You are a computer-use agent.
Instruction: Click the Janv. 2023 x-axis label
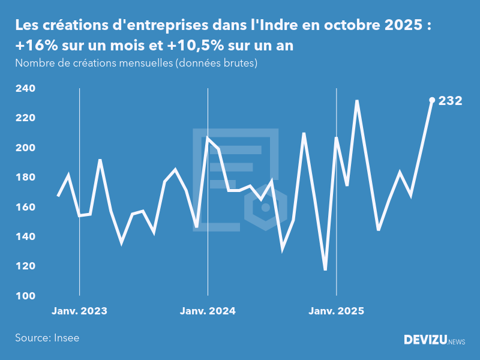click(79, 311)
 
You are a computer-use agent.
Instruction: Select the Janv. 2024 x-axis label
click(208, 311)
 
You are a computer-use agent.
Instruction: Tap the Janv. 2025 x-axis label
click(336, 311)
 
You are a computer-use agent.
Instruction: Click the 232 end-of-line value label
click(450, 101)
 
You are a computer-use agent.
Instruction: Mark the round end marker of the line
click(432, 100)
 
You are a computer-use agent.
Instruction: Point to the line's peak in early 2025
click(357, 101)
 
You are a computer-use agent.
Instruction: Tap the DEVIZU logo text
click(425, 340)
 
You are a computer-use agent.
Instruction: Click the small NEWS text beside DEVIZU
click(457, 342)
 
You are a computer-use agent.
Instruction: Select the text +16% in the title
click(34, 46)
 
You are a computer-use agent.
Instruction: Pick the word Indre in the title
click(272, 26)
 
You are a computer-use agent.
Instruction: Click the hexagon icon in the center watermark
click(265, 208)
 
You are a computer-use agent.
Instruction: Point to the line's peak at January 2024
click(208, 137)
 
